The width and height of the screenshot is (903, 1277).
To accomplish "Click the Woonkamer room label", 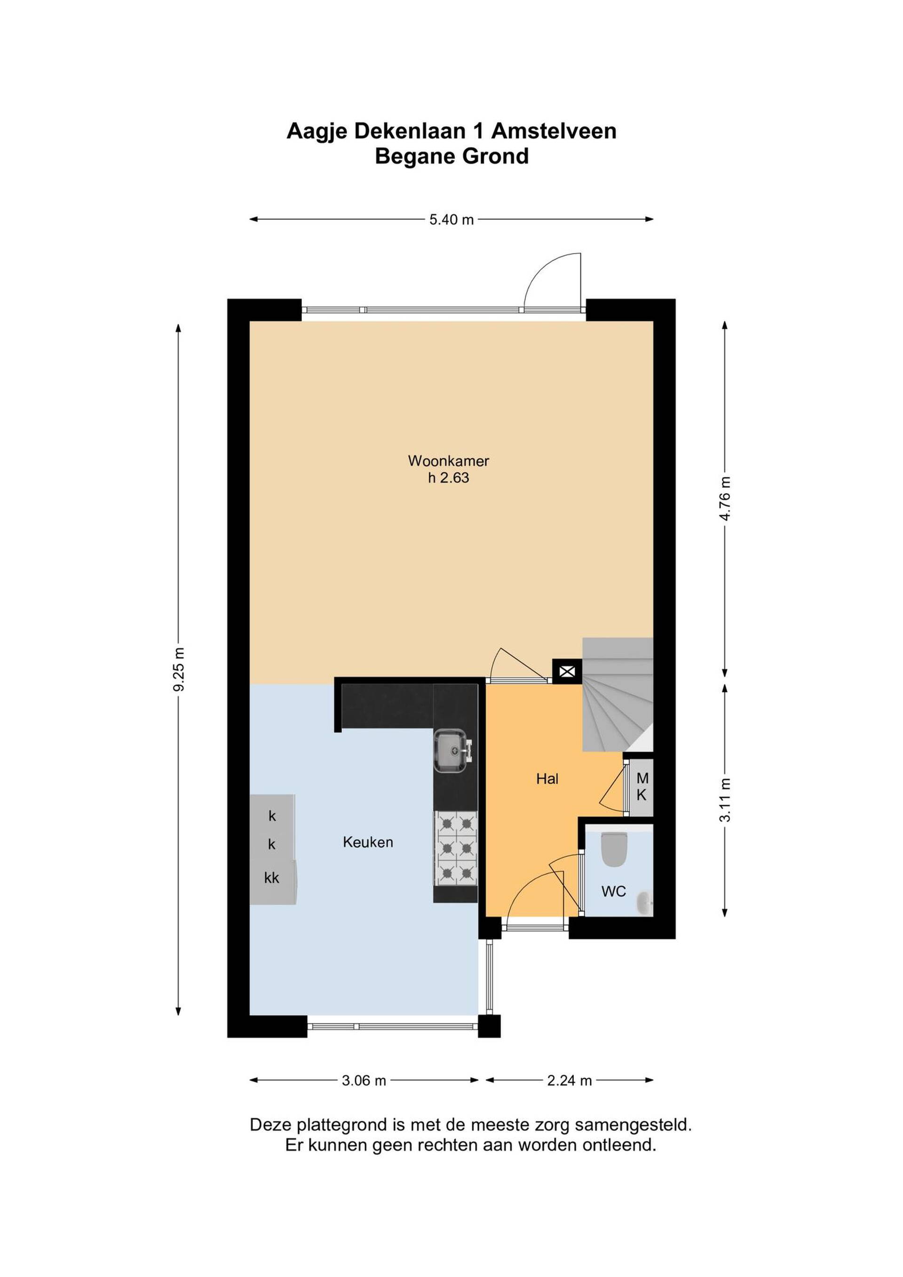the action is (448, 460).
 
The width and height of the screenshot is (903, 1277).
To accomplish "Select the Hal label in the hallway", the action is (547, 778).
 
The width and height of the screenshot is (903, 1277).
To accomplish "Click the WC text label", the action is (613, 892).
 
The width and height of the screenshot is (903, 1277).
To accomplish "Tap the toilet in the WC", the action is (614, 849).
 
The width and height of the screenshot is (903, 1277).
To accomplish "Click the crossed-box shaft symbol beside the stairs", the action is (567, 671).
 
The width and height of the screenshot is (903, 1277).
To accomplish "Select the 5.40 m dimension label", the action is (451, 220).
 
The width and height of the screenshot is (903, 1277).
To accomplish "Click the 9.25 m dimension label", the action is (179, 669).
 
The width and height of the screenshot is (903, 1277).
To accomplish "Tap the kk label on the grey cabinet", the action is (271, 877).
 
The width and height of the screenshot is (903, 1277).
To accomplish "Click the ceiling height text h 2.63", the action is (448, 478).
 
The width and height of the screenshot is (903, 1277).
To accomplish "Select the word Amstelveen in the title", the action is (554, 131).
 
